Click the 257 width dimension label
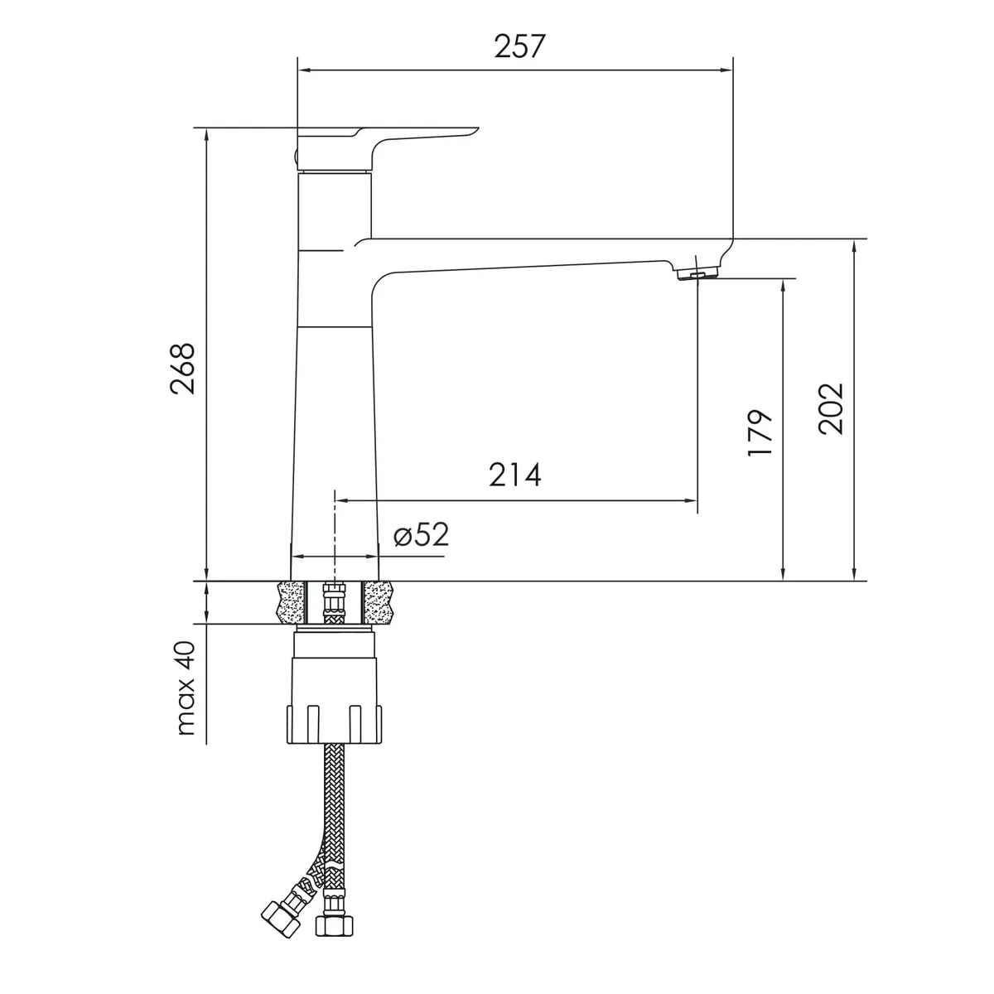tap(519, 46)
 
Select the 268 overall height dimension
tap(183, 369)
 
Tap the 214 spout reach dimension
tap(514, 475)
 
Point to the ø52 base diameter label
tap(421, 534)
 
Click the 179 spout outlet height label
tap(760, 432)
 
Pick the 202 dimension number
tap(832, 408)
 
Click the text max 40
tap(186, 688)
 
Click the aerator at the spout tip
tap(697, 273)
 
